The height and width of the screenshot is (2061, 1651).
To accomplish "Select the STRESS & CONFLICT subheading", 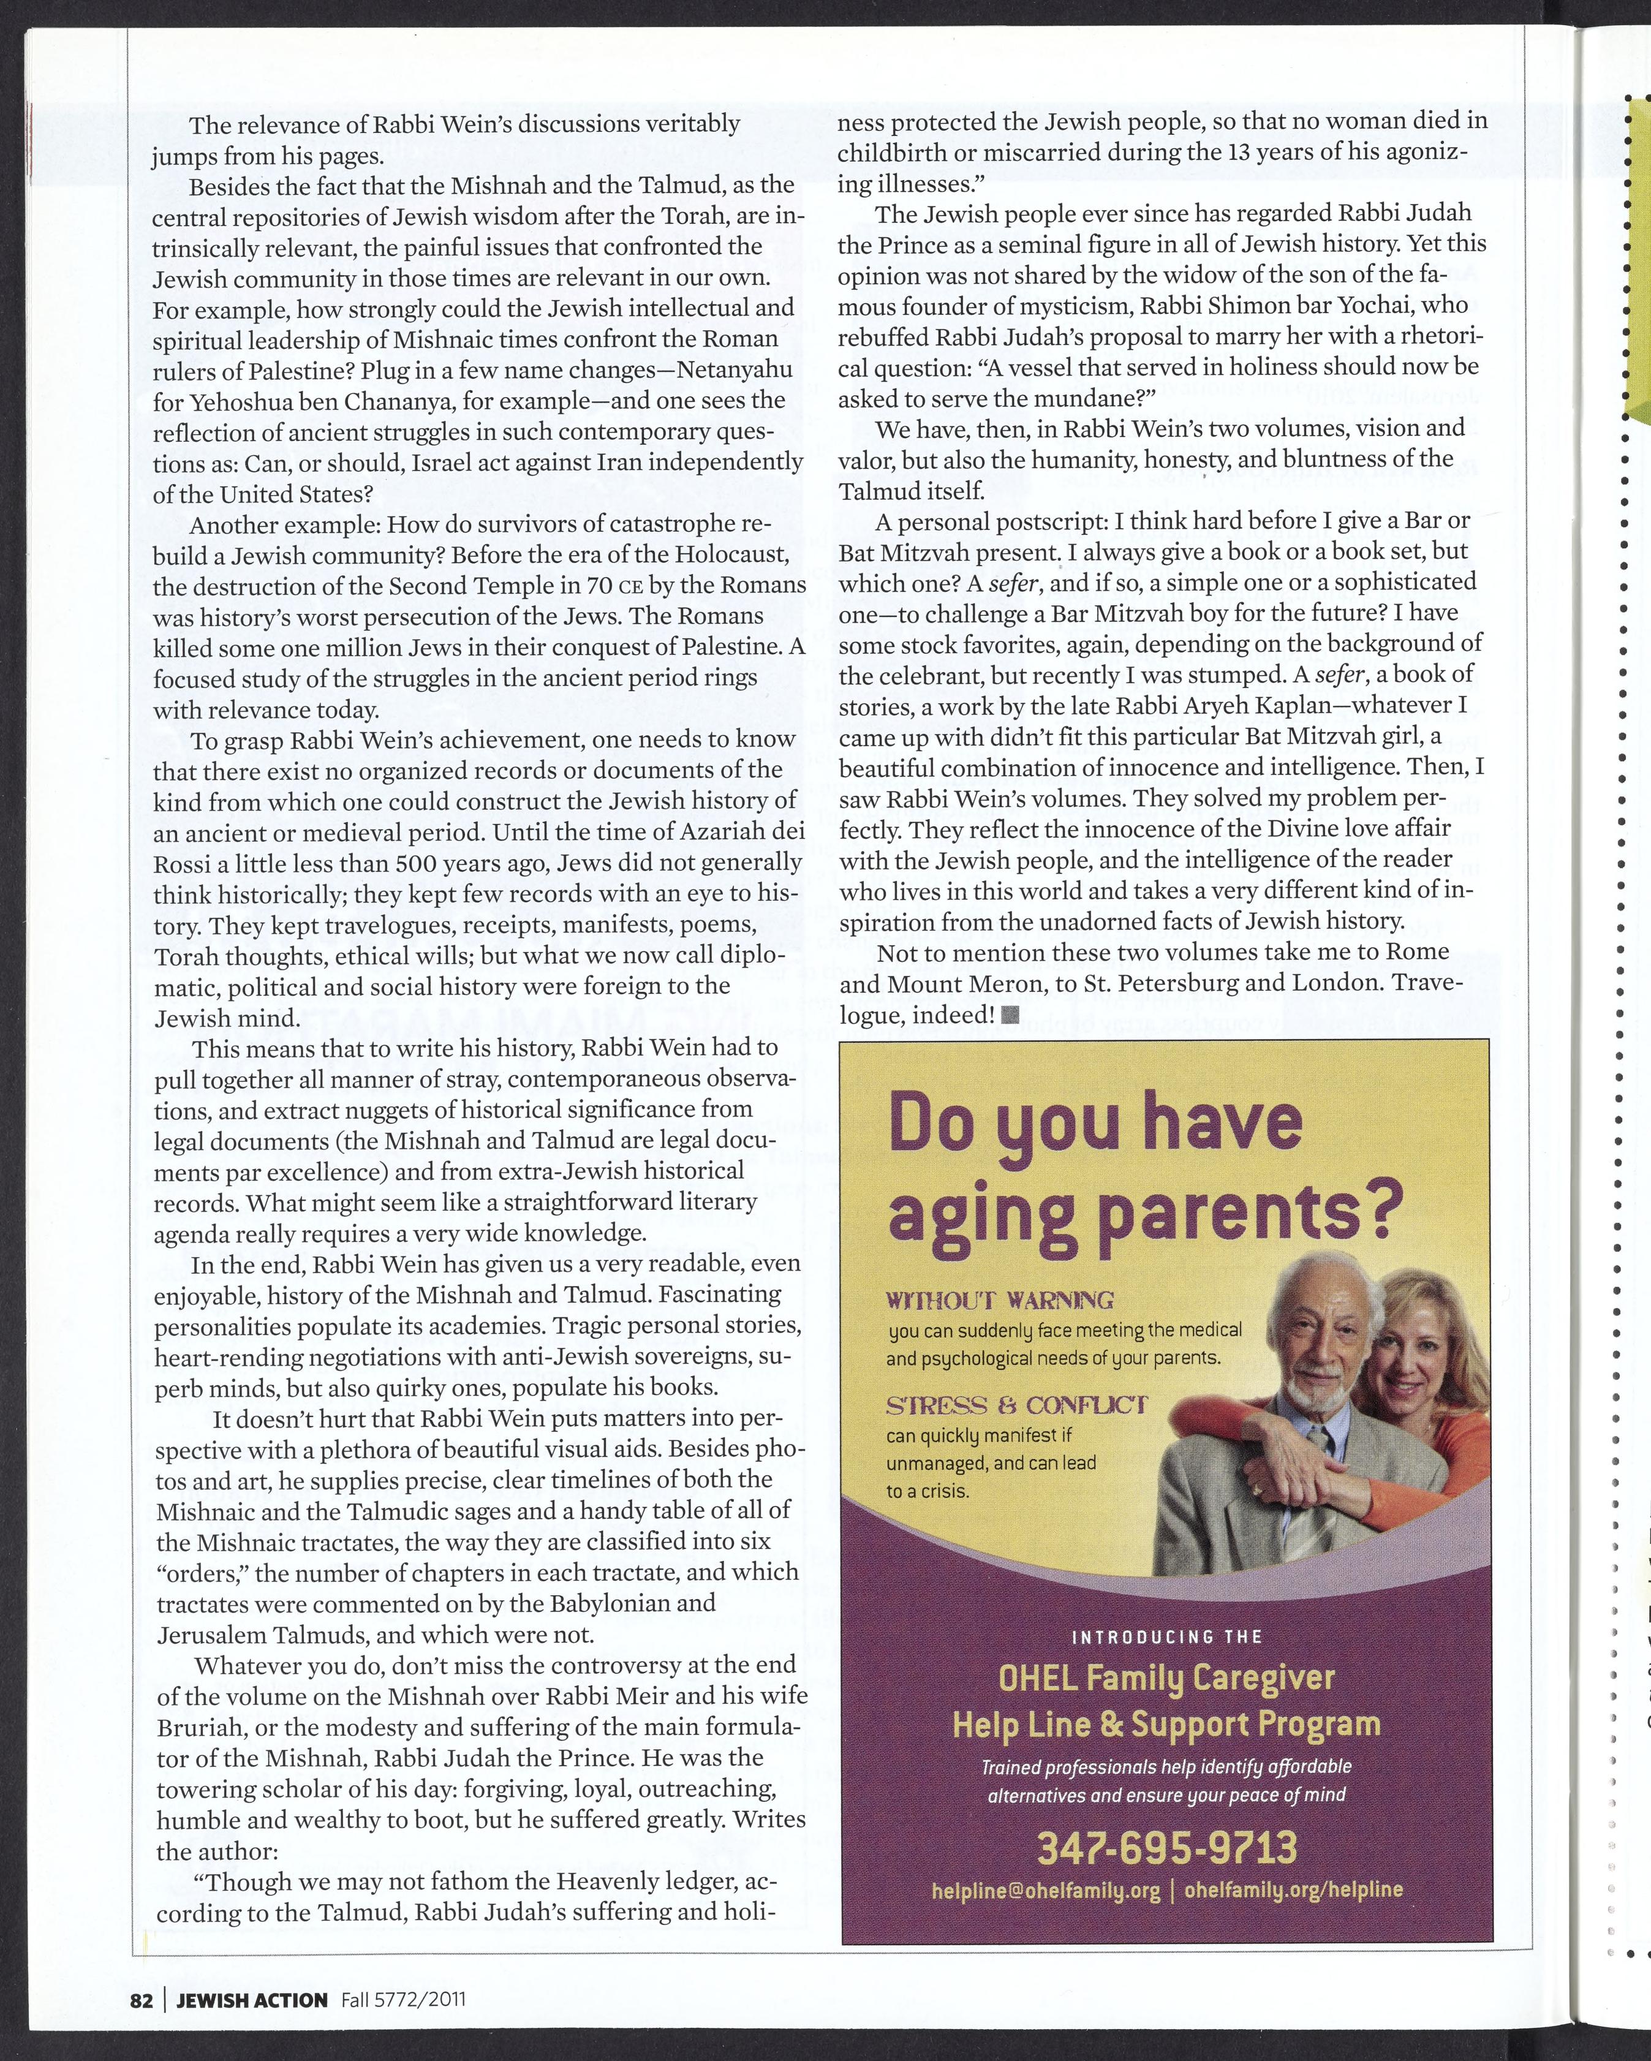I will pos(1016,1405).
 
